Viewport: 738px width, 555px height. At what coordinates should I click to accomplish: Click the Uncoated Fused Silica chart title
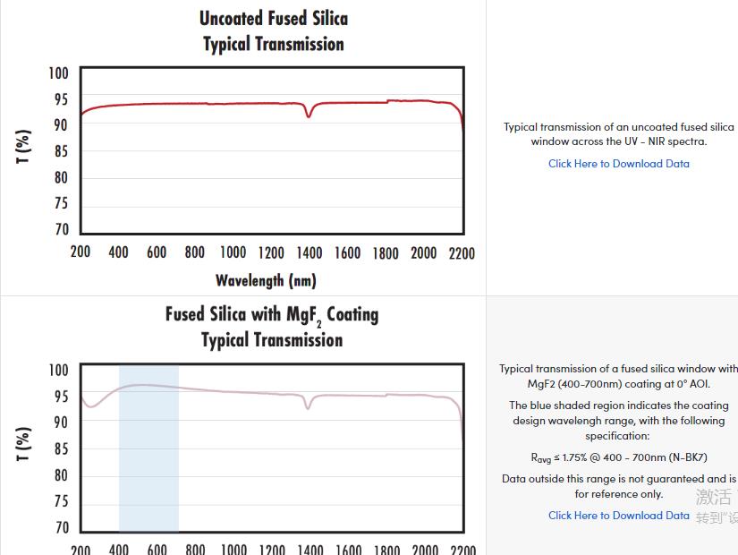pos(273,19)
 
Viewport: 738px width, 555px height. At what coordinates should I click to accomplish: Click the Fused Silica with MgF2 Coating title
pos(271,315)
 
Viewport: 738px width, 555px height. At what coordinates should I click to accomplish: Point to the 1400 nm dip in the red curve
pos(310,114)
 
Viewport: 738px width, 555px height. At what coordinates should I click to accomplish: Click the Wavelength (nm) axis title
pos(266,280)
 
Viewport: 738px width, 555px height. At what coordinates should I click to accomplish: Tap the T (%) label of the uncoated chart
pos(24,146)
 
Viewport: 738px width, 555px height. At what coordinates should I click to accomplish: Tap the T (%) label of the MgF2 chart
pos(24,443)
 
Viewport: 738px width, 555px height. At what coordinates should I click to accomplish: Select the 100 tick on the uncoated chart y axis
pos(58,73)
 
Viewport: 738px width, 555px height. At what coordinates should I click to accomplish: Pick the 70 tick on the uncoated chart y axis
pos(61,229)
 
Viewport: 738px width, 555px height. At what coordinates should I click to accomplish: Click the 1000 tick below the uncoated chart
pos(233,253)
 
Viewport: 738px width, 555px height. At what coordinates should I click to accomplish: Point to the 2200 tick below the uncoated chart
pos(462,253)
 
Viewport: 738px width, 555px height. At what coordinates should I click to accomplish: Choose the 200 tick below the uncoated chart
pos(81,253)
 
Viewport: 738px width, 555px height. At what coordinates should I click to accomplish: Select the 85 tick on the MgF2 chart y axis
pos(61,448)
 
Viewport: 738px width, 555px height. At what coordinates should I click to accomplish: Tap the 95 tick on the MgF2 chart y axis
pos(61,397)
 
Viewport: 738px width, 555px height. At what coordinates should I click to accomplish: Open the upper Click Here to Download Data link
pos(619,164)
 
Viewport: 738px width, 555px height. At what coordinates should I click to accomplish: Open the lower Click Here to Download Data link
pos(619,516)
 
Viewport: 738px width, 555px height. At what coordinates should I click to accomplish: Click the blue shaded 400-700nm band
pos(148,465)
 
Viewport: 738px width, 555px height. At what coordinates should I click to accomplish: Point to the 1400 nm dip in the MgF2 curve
pos(309,406)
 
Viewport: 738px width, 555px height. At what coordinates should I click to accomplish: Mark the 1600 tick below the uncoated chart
pos(347,253)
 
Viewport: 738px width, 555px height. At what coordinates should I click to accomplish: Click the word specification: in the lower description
pos(617,436)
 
